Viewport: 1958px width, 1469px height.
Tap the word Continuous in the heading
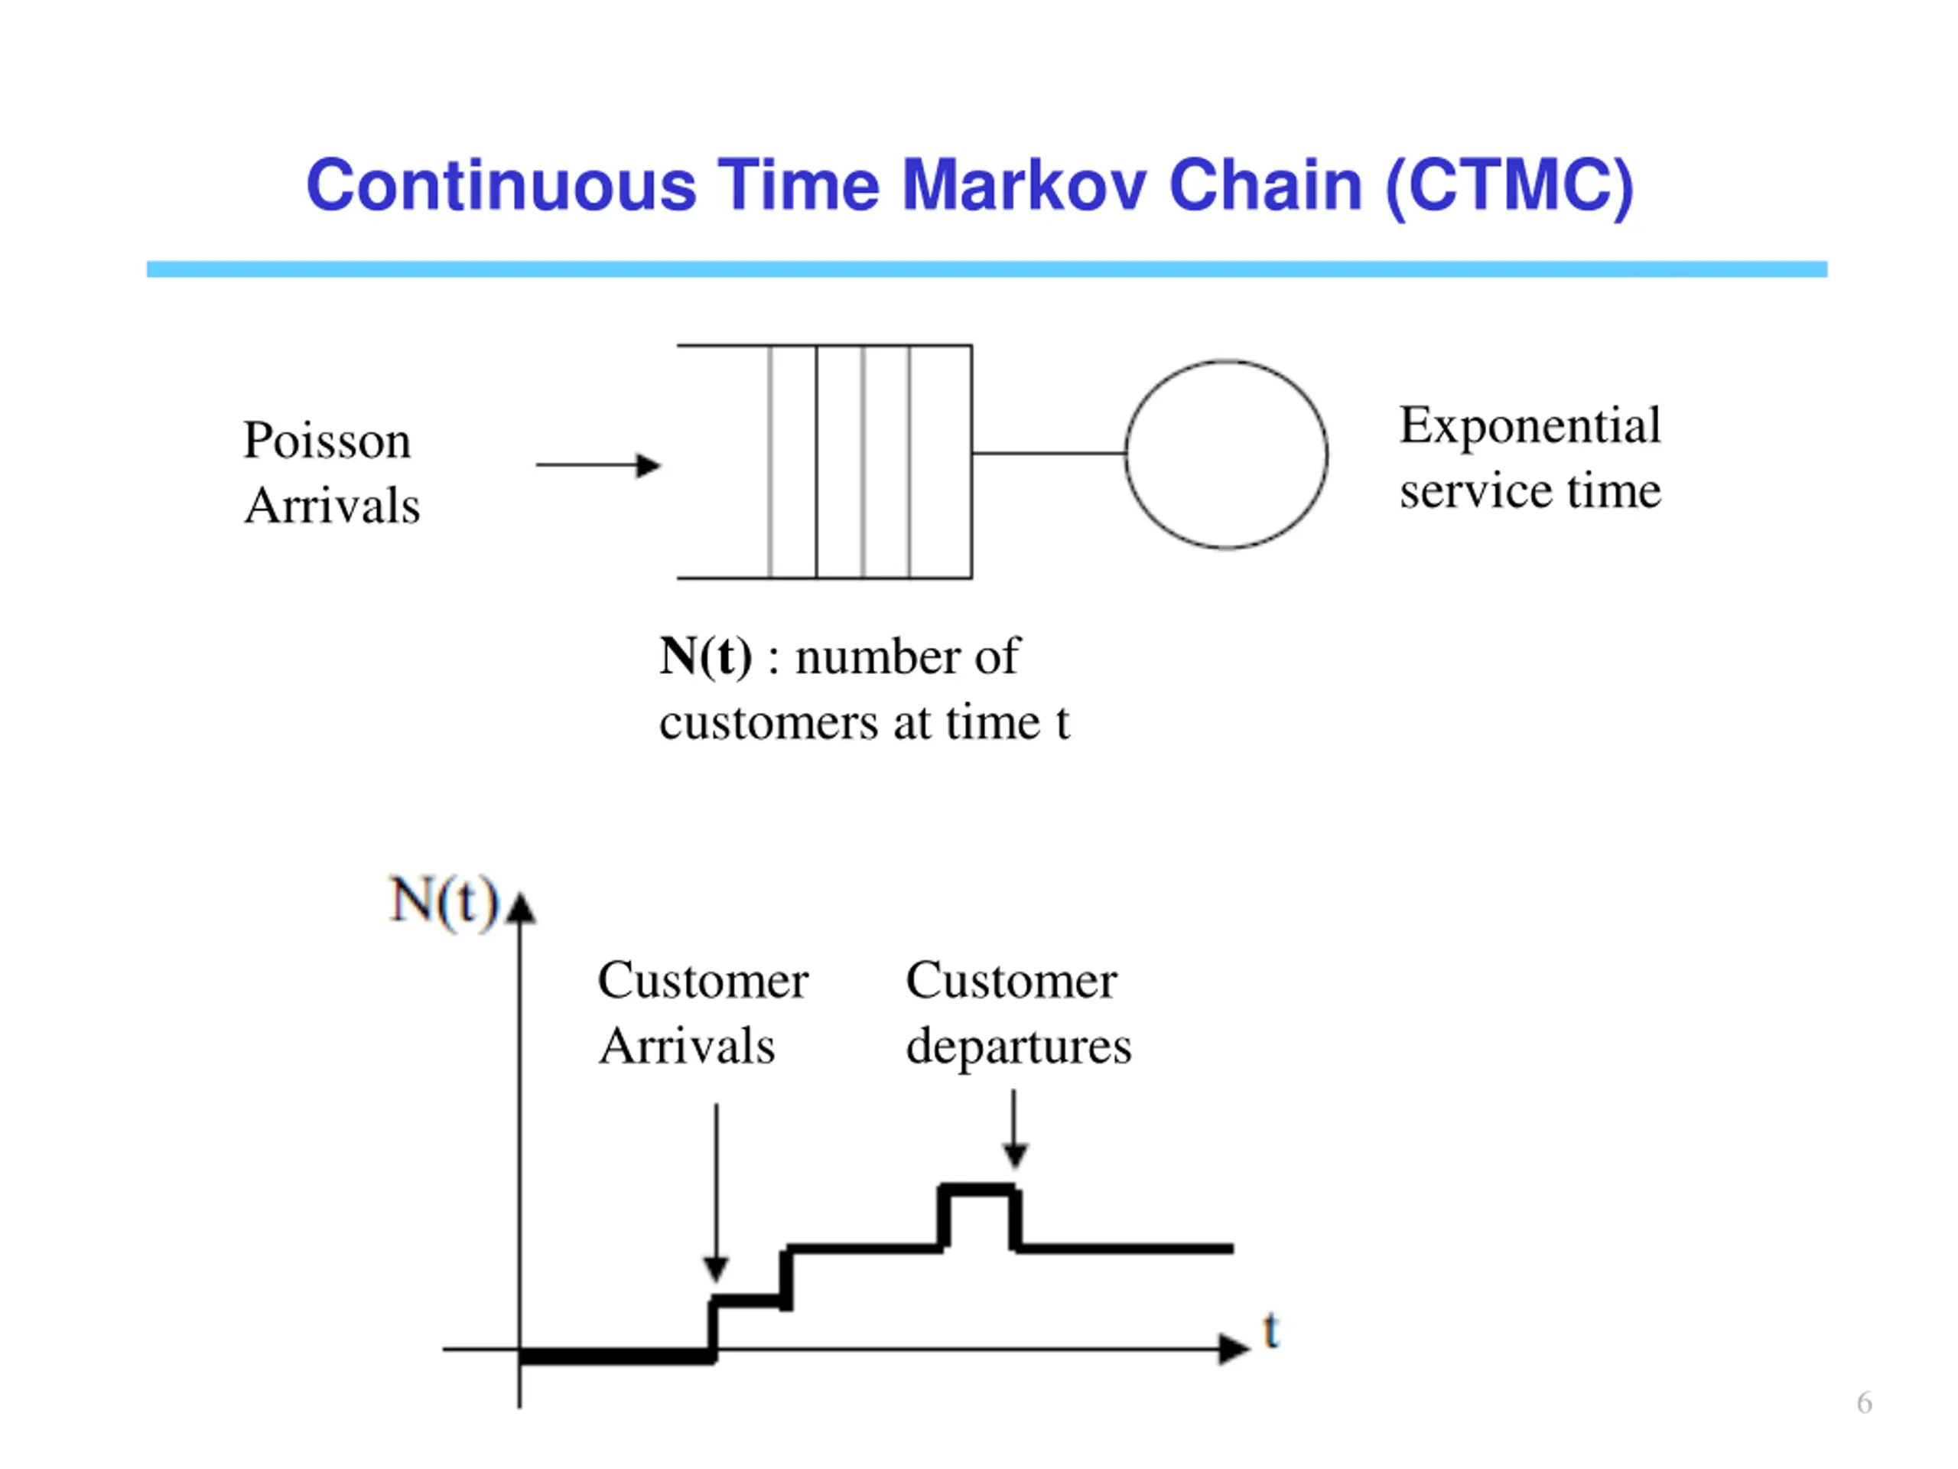coord(501,186)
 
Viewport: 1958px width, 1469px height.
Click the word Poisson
coord(327,441)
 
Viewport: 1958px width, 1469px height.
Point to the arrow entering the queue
coord(598,465)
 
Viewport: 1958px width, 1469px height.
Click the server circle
coord(1226,454)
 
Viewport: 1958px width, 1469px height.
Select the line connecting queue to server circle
coord(1049,454)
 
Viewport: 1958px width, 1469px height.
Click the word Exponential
coord(1530,426)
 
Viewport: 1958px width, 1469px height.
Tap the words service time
coord(1530,491)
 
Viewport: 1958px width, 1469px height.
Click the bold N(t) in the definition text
coord(705,657)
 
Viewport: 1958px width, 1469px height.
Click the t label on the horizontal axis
coord(1271,1331)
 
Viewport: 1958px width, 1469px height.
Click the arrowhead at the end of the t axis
coord(1233,1349)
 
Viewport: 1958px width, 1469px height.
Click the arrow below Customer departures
coord(1015,1129)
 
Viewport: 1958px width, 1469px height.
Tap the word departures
coord(1018,1047)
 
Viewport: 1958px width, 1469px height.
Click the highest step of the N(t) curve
coord(978,1190)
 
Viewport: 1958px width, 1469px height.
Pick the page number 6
coord(1864,1402)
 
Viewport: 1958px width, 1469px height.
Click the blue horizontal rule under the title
coord(986,269)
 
